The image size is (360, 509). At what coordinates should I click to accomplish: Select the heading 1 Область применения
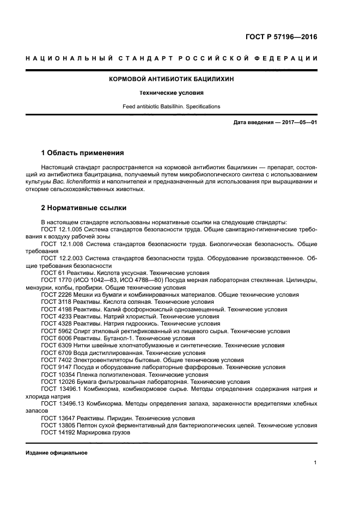pos(82,152)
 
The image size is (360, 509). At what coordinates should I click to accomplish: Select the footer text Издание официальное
pos(56,453)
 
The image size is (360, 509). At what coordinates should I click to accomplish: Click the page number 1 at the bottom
pos(315,463)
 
